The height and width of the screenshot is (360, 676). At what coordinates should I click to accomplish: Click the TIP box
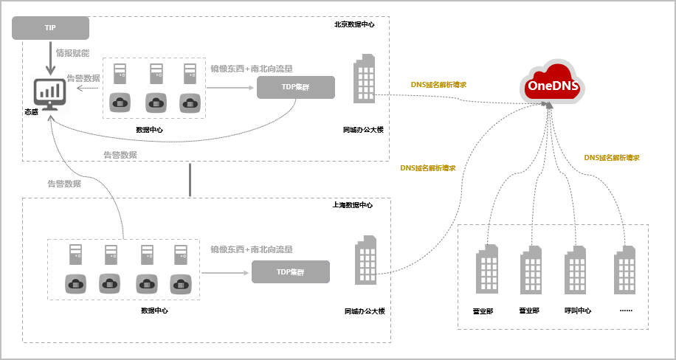(51, 28)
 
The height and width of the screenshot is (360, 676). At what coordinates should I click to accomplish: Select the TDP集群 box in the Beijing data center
(295, 87)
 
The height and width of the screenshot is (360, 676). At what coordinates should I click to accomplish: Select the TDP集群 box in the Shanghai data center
(291, 272)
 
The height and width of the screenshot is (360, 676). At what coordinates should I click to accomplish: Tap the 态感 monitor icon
(50, 94)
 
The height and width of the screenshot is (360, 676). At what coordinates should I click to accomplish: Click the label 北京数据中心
(354, 24)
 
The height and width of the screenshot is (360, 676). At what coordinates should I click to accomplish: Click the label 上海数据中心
(353, 205)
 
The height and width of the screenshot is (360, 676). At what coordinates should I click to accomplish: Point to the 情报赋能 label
(72, 53)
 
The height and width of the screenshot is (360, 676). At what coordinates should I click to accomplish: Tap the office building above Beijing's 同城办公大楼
(364, 89)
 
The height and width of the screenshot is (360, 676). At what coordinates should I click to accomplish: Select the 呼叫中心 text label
(578, 311)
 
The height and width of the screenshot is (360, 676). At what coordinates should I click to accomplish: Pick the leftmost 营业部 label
(483, 311)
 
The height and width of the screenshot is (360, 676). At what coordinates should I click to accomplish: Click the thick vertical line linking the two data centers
(190, 180)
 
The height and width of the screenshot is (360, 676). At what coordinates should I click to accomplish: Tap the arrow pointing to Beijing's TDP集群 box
(230, 88)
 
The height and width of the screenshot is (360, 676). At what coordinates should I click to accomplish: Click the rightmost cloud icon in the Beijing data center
(190, 103)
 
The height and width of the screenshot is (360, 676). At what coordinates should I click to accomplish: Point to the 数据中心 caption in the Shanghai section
(154, 311)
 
